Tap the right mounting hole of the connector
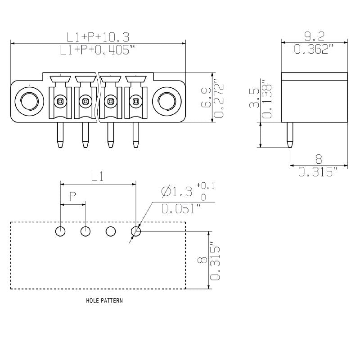pos(165,100)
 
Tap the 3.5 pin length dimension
pos(255,99)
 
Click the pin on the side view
pos(290,135)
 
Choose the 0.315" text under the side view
pos(318,172)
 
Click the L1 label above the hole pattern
pos(98,177)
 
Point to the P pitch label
pos(72,197)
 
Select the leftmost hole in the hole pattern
pos(60,232)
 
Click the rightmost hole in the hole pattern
pos(135,232)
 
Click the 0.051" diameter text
pos(181,208)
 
